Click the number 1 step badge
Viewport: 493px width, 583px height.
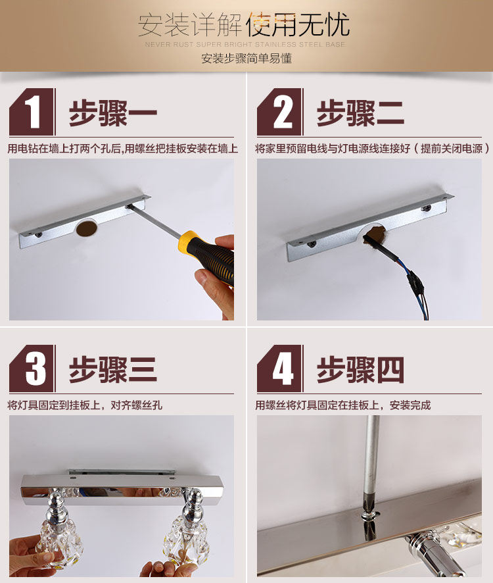pyautogui.click(x=32, y=112)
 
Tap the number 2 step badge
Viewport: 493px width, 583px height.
pyautogui.click(x=280, y=112)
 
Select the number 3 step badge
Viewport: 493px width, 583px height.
pyautogui.click(x=32, y=368)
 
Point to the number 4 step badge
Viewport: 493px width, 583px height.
pyautogui.click(x=280, y=368)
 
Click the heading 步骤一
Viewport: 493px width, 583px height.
pyautogui.click(x=113, y=113)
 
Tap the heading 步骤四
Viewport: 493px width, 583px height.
pyautogui.click(x=360, y=370)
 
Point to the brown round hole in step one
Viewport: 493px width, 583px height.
pyautogui.click(x=87, y=228)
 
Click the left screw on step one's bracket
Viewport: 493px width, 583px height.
pyautogui.click(x=38, y=235)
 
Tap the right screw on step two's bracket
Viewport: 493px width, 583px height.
pyautogui.click(x=426, y=208)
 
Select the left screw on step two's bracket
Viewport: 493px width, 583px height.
pyautogui.click(x=312, y=244)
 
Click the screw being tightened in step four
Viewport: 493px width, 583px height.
pyautogui.click(x=369, y=515)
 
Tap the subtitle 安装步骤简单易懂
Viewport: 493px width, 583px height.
pyautogui.click(x=246, y=59)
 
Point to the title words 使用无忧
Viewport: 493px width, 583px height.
pyautogui.click(x=298, y=24)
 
